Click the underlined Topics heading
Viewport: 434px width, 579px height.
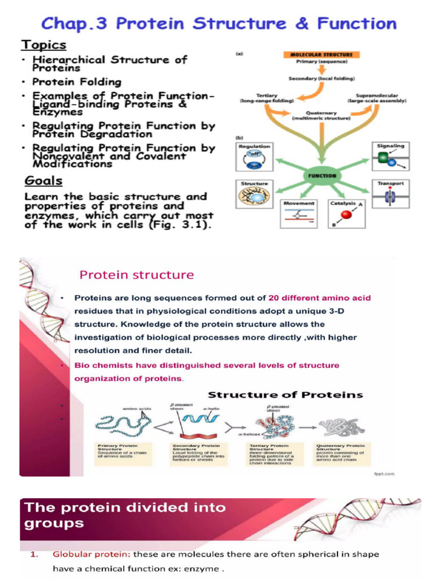44,45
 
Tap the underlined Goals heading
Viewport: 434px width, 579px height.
44,181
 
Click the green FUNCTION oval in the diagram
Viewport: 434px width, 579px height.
322,176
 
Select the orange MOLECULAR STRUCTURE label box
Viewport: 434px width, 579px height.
321,55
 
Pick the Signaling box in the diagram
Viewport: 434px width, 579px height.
390,157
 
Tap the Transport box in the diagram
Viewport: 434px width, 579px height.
390,194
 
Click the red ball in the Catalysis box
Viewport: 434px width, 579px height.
348,214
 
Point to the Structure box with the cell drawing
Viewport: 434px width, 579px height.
254,194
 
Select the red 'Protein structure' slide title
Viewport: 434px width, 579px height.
136,275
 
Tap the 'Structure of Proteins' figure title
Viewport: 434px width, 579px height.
285,395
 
